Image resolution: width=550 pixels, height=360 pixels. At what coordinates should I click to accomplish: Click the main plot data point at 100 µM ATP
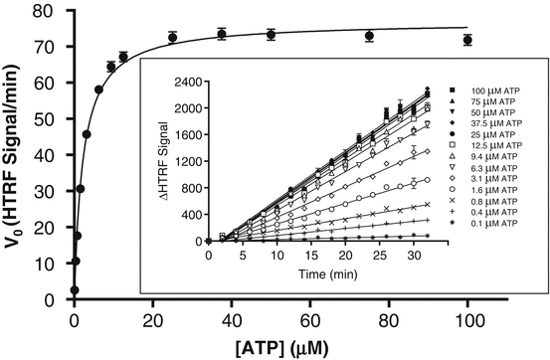467,40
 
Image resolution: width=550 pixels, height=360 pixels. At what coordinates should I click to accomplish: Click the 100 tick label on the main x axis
467,318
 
